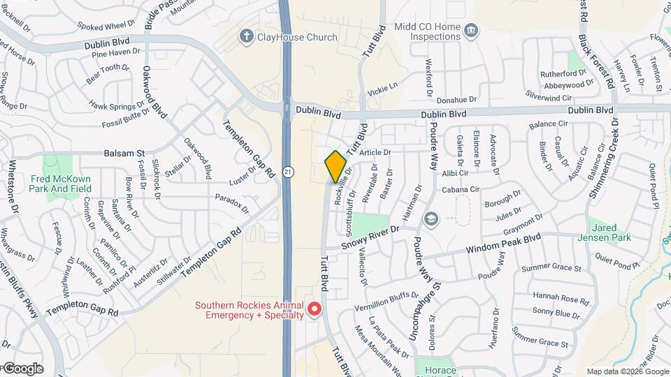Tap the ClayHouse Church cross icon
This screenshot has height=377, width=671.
pyautogui.click(x=245, y=36)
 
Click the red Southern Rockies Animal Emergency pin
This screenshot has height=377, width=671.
pyautogui.click(x=314, y=309)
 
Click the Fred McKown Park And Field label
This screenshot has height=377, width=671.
pyautogui.click(x=62, y=184)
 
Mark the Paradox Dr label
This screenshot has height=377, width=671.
pyautogui.click(x=233, y=202)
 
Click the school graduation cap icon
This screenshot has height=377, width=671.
pyautogui.click(x=430, y=219)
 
